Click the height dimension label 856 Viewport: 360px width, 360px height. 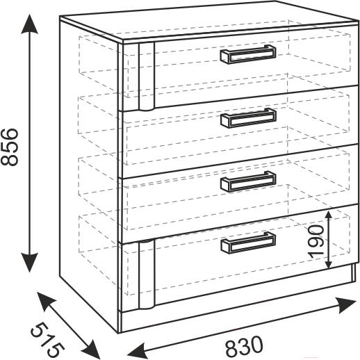(x=9, y=147)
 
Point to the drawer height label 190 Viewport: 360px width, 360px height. (x=316, y=241)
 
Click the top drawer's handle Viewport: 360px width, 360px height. (x=248, y=54)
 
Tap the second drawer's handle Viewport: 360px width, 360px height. (x=248, y=118)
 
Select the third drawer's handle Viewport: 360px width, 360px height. (x=248, y=181)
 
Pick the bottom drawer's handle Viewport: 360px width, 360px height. (x=248, y=242)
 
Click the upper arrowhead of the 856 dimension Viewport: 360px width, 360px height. (x=29, y=24)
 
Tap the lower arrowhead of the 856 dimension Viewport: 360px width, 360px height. (x=29, y=262)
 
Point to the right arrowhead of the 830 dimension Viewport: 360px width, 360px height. (x=347, y=305)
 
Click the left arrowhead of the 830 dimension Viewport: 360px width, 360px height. (x=137, y=350)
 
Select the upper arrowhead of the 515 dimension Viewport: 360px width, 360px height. (x=47, y=301)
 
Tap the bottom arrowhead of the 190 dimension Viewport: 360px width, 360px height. (x=329, y=263)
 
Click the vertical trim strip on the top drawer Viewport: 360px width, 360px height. (x=147, y=76)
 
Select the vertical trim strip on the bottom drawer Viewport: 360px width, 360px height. (x=147, y=275)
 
